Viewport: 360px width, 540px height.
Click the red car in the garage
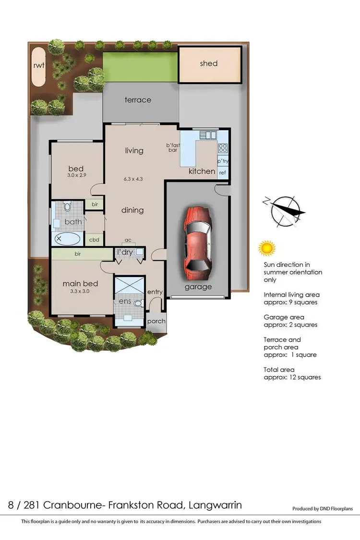pyautogui.click(x=197, y=243)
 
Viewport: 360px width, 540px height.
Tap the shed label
pyautogui.click(x=209, y=63)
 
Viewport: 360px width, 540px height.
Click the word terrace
pyautogui.click(x=138, y=100)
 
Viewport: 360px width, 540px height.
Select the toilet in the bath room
pyautogui.click(x=67, y=207)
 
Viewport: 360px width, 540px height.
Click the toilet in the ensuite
pyautogui.click(x=138, y=303)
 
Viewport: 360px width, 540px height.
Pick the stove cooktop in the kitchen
pyautogui.click(x=223, y=148)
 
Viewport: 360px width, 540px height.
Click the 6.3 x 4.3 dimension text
pyautogui.click(x=133, y=179)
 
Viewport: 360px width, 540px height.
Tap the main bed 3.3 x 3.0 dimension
pyautogui.click(x=80, y=291)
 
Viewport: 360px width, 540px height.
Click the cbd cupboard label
pyautogui.click(x=94, y=240)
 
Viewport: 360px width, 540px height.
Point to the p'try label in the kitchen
pyautogui.click(x=223, y=162)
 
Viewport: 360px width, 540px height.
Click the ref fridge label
pyautogui.click(x=223, y=172)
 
